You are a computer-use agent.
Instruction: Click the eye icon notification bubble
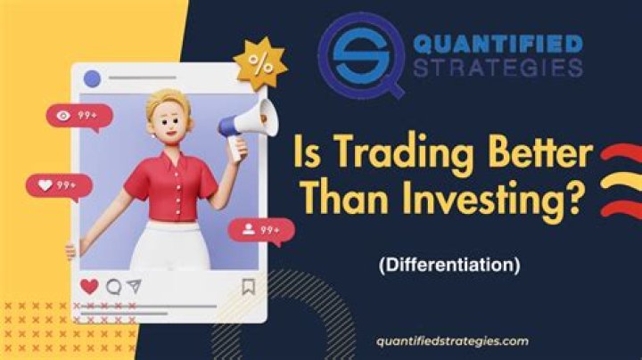[x=80, y=115]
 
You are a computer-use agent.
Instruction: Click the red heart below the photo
[x=89, y=287]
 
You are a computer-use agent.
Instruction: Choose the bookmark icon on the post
[x=249, y=287]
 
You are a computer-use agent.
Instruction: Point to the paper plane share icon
[x=133, y=287]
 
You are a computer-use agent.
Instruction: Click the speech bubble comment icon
[x=112, y=287]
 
